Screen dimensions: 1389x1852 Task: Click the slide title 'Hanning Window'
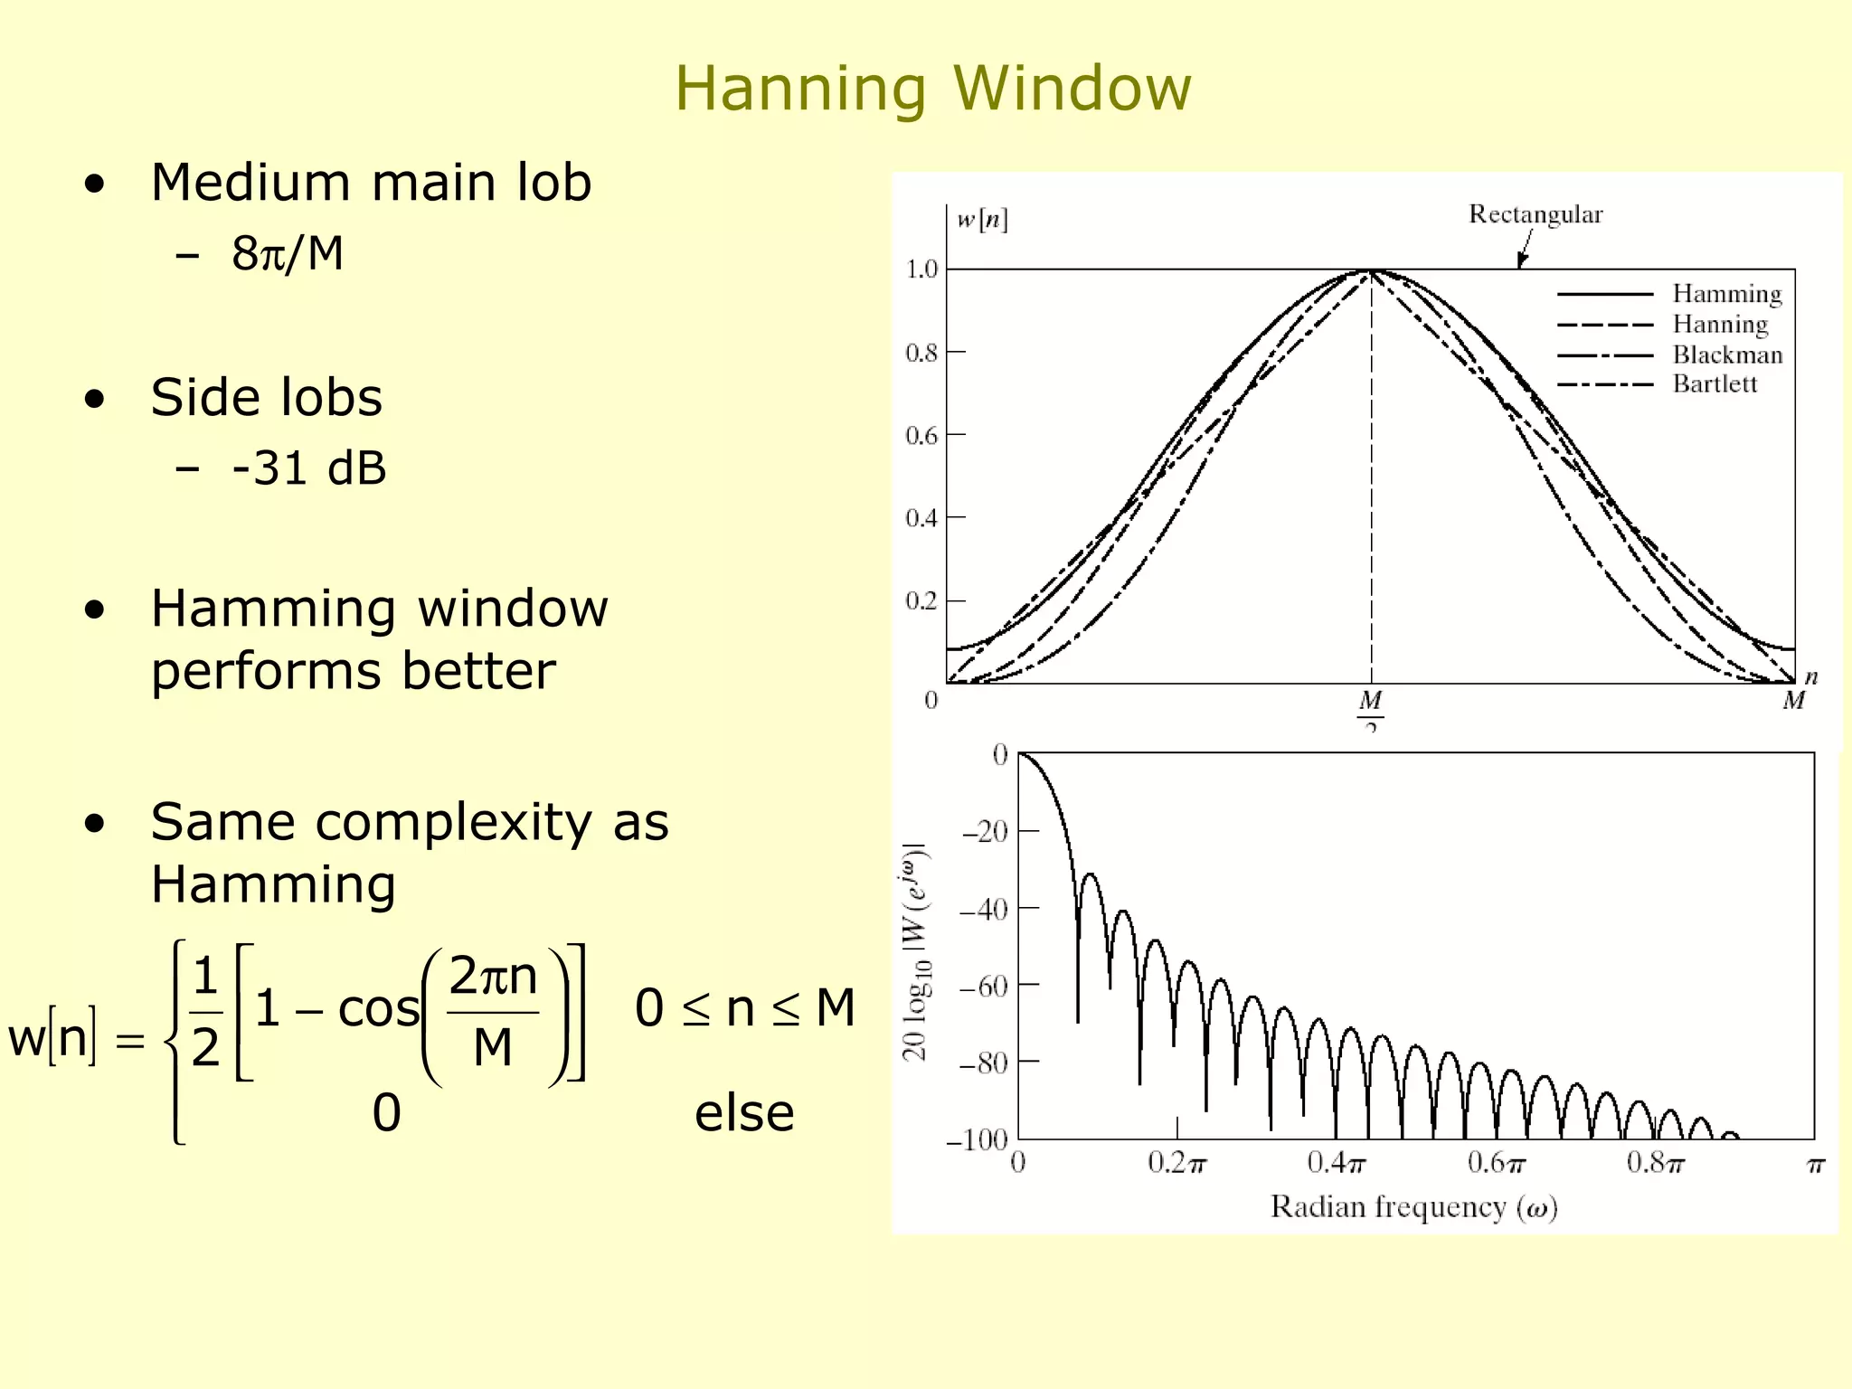click(x=932, y=89)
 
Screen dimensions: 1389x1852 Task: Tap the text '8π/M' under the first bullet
click(x=288, y=254)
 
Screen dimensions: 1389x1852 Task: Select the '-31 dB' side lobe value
click(x=308, y=468)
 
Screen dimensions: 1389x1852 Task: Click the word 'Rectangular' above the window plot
click(x=1535, y=215)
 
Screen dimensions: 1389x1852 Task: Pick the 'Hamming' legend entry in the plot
click(x=1726, y=294)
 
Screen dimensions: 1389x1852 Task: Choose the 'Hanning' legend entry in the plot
click(x=1720, y=324)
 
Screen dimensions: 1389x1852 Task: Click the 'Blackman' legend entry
click(x=1726, y=354)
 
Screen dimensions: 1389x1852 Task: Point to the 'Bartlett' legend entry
click(x=1714, y=384)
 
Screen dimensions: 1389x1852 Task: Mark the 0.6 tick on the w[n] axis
click(x=921, y=436)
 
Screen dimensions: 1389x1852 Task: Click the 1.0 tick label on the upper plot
click(x=921, y=269)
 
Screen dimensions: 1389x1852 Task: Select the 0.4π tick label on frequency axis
click(x=1336, y=1163)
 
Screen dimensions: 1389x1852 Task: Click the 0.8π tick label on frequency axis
click(x=1655, y=1163)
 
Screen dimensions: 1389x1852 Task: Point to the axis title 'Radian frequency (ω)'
click(x=1413, y=1208)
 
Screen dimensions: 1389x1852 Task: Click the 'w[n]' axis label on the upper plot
click(x=982, y=220)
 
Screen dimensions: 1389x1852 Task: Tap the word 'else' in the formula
click(x=743, y=1113)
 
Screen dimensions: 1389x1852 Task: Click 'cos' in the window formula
click(x=378, y=1009)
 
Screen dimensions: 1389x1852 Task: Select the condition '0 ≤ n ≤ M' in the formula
click(x=744, y=1009)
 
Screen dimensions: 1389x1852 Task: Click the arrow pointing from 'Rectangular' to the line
click(x=1525, y=248)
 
